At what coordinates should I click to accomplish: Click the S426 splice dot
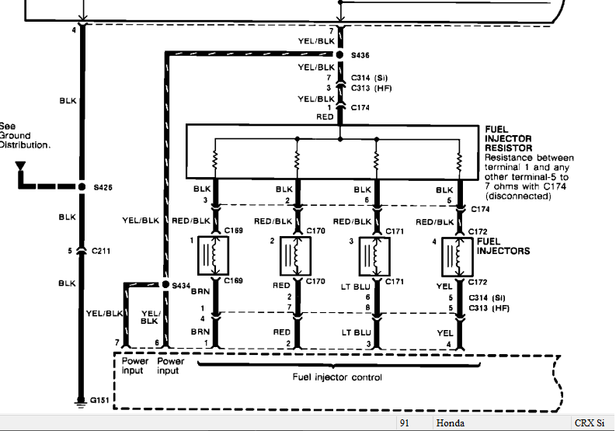(x=81, y=187)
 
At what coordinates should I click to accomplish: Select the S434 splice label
(x=182, y=286)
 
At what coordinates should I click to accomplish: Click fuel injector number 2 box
(x=294, y=255)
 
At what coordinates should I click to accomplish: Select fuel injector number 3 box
(x=375, y=255)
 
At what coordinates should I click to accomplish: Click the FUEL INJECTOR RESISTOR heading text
(x=508, y=138)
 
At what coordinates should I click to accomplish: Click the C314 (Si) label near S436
(x=369, y=78)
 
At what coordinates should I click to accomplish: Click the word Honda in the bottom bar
(x=450, y=423)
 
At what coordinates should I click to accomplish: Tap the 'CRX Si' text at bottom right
(x=590, y=423)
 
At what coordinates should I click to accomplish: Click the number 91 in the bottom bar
(x=405, y=423)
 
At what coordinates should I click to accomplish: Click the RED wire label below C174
(x=324, y=117)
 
